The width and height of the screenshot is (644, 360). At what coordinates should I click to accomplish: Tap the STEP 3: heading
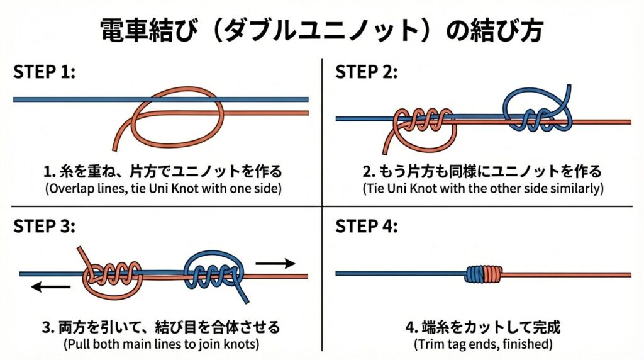pyautogui.click(x=44, y=227)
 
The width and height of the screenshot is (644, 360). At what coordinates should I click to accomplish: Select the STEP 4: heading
pyautogui.click(x=366, y=227)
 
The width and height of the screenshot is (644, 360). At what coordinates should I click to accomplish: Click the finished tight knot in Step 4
pyautogui.click(x=484, y=273)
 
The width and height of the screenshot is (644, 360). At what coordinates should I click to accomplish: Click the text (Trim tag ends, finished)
pyautogui.click(x=482, y=344)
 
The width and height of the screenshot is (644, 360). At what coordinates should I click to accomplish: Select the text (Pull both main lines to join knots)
pyautogui.click(x=161, y=344)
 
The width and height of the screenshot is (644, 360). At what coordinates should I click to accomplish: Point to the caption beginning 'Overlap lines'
pyautogui.click(x=161, y=188)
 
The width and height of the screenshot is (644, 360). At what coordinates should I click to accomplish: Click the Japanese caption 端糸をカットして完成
pyautogui.click(x=482, y=328)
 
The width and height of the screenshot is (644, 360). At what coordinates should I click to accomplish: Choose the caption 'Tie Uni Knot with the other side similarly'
pyautogui.click(x=482, y=188)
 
